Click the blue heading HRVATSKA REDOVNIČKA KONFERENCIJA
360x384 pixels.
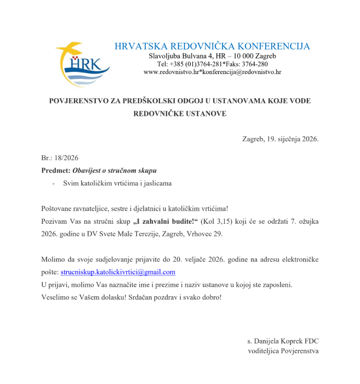pos(212,46)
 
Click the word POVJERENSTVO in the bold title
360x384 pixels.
pos(80,101)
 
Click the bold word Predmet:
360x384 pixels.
pos(56,170)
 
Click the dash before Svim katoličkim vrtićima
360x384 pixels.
pos(53,183)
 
